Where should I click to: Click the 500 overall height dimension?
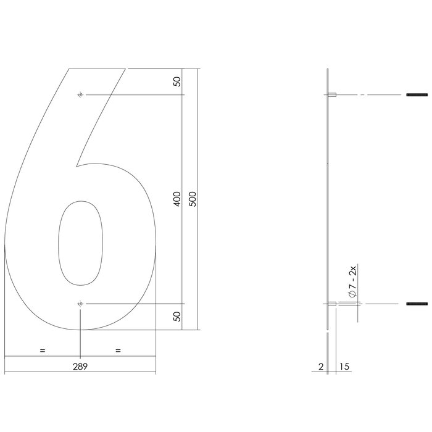point(193,199)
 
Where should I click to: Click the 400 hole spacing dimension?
point(177,199)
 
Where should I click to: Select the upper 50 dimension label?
point(177,82)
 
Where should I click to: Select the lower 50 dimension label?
point(177,317)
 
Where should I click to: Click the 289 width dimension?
point(80,366)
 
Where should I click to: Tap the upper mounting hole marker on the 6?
point(80,95)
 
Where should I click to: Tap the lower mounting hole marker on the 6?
point(80,304)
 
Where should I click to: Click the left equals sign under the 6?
point(43,351)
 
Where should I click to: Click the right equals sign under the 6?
point(118,351)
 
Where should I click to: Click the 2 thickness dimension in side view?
point(321,367)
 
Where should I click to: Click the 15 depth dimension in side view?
point(344,367)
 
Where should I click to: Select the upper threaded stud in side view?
point(418,95)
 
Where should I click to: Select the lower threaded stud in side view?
point(418,304)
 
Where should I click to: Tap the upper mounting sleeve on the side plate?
point(332,95)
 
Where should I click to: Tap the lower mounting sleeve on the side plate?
point(332,304)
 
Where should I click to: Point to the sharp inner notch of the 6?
point(76,166)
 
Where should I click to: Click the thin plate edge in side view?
point(326,197)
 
